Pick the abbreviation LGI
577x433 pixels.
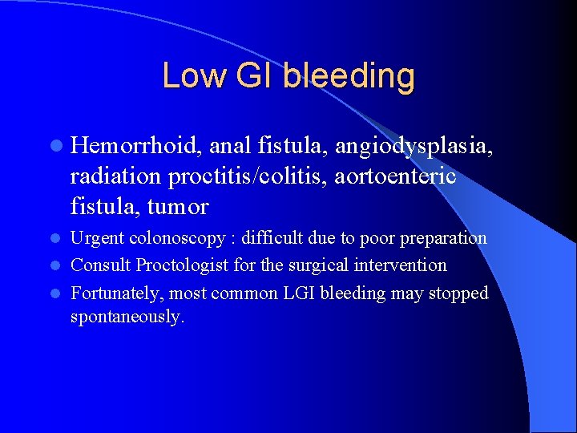(x=299, y=293)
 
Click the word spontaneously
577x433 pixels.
(x=127, y=317)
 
